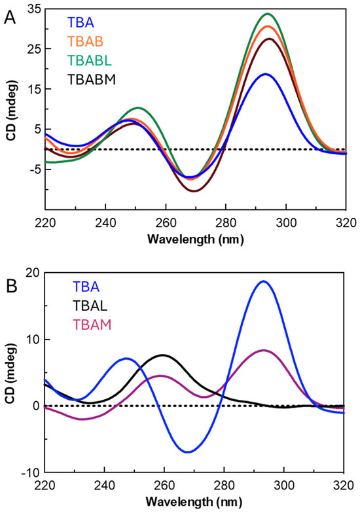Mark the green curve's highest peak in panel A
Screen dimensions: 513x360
coord(267,14)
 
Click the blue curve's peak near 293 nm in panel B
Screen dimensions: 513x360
coord(263,281)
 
